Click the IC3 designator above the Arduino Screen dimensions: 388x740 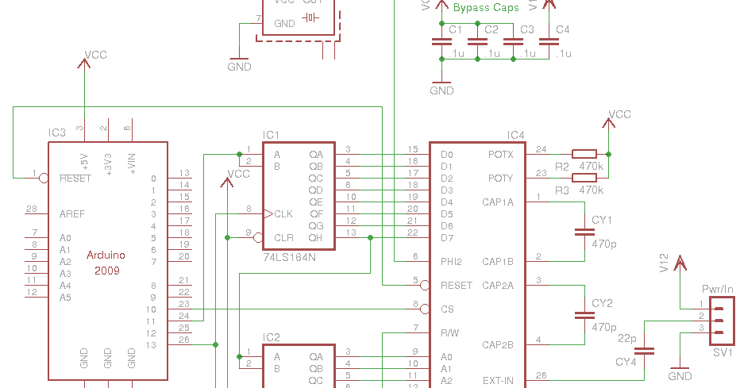[x=57, y=133]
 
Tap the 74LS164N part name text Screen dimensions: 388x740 [x=289, y=258]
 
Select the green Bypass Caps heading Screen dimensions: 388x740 [x=486, y=8]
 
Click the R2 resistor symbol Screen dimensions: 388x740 [x=584, y=154]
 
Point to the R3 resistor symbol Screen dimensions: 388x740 [x=584, y=178]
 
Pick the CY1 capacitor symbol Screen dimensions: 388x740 [x=584, y=232]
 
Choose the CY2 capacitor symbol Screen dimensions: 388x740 [x=584, y=315]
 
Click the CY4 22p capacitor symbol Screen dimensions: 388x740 [x=645, y=350]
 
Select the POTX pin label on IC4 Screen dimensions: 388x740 [x=500, y=155]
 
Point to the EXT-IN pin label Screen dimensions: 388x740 [x=498, y=381]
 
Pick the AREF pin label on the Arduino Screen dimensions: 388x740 [x=72, y=214]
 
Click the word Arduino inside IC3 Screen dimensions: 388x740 [x=106, y=255]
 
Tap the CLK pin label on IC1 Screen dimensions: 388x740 [x=283, y=214]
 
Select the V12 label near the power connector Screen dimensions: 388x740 [x=665, y=263]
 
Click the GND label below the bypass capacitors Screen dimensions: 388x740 [x=441, y=90]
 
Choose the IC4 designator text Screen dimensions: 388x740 [x=516, y=135]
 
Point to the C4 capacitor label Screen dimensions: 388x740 [x=562, y=30]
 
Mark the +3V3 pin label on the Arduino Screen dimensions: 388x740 [x=108, y=161]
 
